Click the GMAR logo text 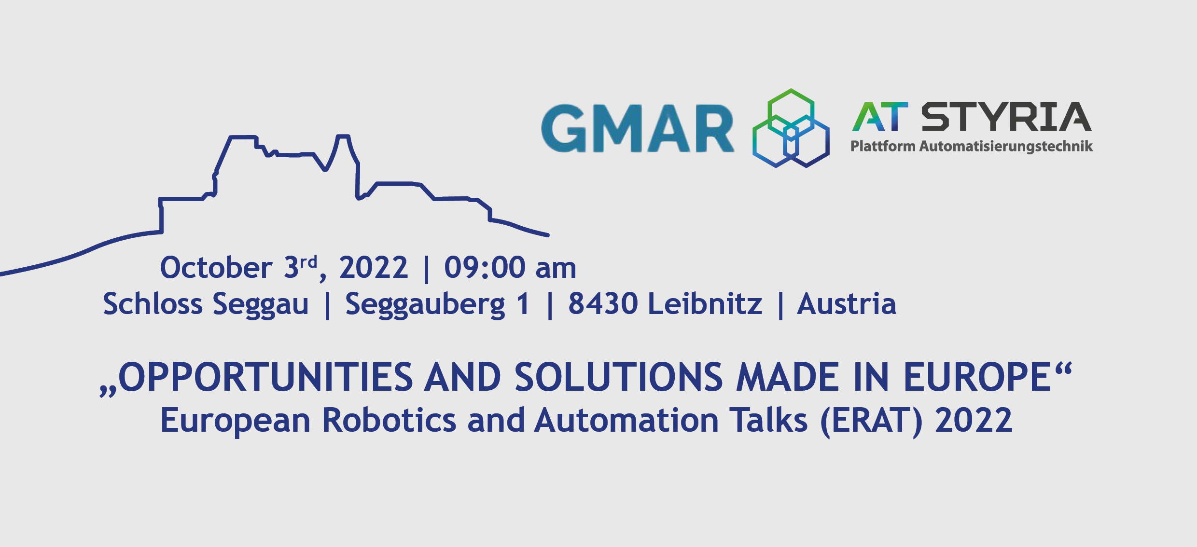coord(638,128)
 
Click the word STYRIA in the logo coord(1006,117)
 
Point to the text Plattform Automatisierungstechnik coord(971,146)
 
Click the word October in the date coord(216,268)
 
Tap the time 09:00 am coord(510,268)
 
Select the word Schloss coord(153,304)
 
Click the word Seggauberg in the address coord(425,305)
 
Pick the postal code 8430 coord(603,304)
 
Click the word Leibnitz coord(705,304)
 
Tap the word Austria coord(847,304)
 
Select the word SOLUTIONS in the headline coord(619,377)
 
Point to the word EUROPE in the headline coord(977,377)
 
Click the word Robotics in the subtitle coord(389,420)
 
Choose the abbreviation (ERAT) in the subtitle coord(871,421)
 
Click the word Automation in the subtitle coord(626,420)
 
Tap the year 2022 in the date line coord(374,268)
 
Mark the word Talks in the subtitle coord(768,420)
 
